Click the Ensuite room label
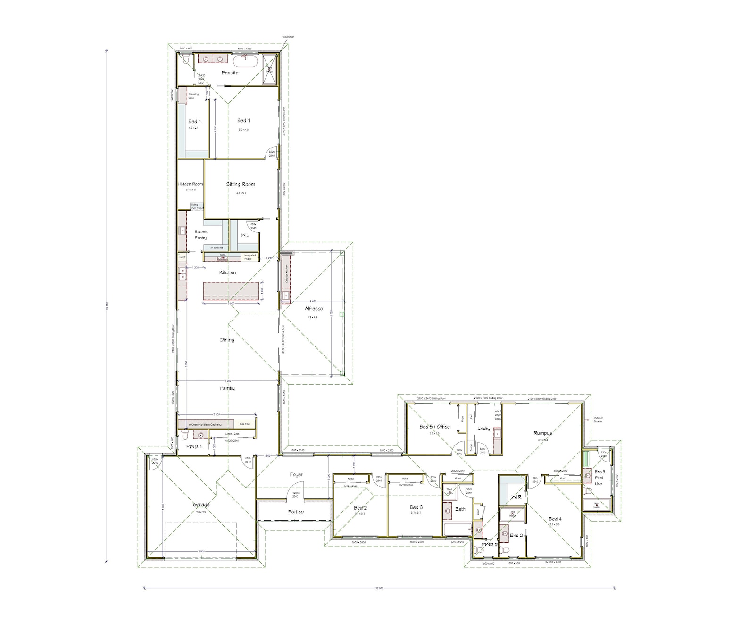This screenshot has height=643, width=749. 230,73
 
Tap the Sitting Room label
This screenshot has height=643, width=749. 241,184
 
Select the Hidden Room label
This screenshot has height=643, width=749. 191,184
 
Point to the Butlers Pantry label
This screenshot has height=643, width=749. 201,235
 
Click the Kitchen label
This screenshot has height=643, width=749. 227,273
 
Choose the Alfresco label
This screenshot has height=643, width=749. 314,309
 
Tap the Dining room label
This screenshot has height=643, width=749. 227,340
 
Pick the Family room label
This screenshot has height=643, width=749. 227,389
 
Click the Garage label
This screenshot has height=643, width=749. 201,505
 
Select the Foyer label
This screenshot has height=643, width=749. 296,475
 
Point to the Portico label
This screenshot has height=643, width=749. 296,512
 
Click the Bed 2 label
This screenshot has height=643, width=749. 360,508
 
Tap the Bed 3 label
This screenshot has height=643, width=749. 416,508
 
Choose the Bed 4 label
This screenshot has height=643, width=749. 555,519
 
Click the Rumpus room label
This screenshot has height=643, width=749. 542,433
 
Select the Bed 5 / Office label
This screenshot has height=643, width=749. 434,427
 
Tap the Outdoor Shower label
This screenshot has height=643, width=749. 598,420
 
